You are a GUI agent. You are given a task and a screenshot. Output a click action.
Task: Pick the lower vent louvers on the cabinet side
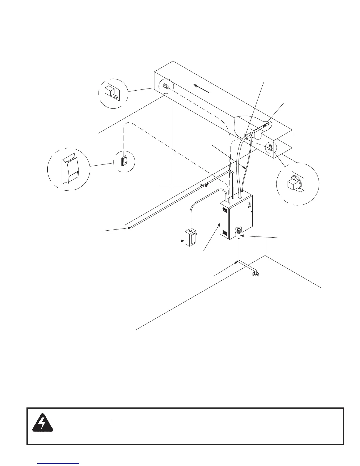(x=225, y=233)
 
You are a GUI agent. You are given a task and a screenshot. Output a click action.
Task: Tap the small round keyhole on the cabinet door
(x=251, y=212)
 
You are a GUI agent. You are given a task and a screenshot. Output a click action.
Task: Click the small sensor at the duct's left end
(x=165, y=86)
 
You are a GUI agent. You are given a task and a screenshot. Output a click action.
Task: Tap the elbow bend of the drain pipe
(x=239, y=262)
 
